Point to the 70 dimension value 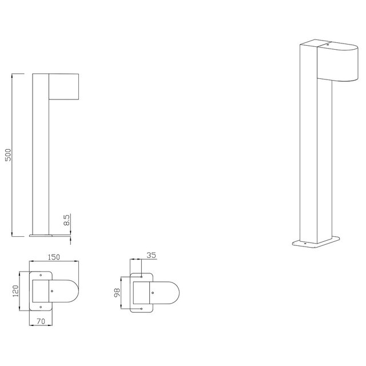[x=41, y=322]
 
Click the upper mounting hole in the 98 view [x=141, y=276]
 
